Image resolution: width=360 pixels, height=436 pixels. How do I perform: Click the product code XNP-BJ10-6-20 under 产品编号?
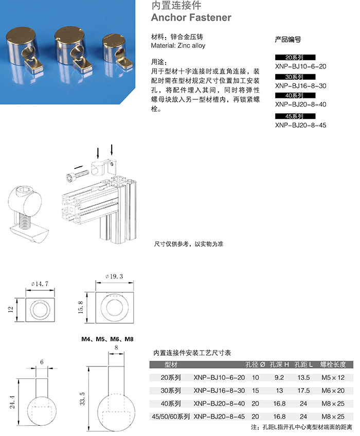click(300, 66)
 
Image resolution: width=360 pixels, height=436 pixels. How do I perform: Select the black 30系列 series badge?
click(295, 77)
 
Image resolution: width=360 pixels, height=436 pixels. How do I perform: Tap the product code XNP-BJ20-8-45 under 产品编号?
click(300, 125)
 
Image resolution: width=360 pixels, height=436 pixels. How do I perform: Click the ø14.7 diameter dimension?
click(40, 284)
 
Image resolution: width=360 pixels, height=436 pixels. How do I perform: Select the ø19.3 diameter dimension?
click(115, 276)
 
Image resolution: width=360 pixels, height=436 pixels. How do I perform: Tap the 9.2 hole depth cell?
click(279, 377)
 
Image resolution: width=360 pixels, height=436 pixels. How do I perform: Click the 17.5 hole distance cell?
click(303, 390)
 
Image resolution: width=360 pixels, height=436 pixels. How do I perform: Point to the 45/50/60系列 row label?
click(169, 416)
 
